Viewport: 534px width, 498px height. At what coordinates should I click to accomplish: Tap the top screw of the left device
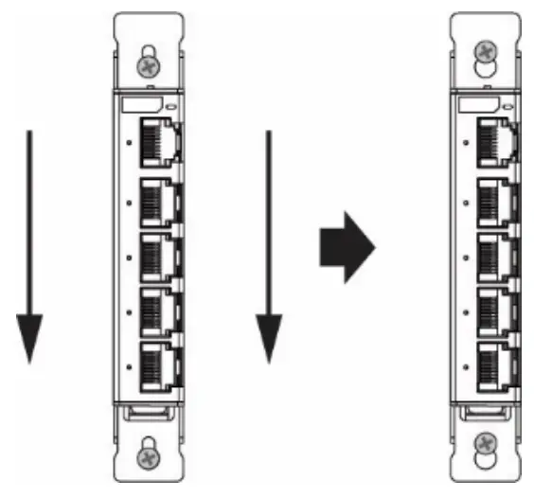coord(147,66)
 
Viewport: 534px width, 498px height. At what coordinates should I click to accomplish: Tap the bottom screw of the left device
coord(147,455)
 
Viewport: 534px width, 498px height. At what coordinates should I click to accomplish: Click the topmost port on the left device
coord(159,142)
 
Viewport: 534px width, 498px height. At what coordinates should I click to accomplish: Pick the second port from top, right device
coord(493,201)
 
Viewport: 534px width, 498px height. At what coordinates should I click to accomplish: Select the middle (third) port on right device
coord(493,254)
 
